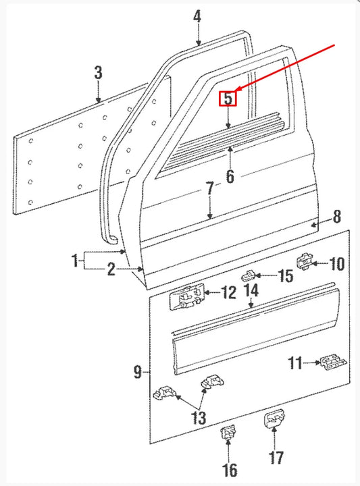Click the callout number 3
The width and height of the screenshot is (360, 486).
pos(98,72)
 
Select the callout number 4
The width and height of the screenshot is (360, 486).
pos(197,16)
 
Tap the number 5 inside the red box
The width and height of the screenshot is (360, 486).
pos(228,99)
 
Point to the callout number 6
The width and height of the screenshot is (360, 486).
pos(230,177)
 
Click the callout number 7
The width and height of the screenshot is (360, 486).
pos(210,188)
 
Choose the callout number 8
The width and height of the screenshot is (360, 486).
pos(337,217)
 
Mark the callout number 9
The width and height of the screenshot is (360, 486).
pos(138,371)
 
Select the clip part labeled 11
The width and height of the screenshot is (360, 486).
pos(330,363)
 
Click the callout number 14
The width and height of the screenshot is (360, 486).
pos(251,291)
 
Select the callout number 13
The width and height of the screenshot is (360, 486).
pos(198,418)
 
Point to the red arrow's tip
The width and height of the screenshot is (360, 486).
pos(236,92)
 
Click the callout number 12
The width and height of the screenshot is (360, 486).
pos(228,293)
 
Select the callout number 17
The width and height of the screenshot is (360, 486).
pos(276,458)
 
